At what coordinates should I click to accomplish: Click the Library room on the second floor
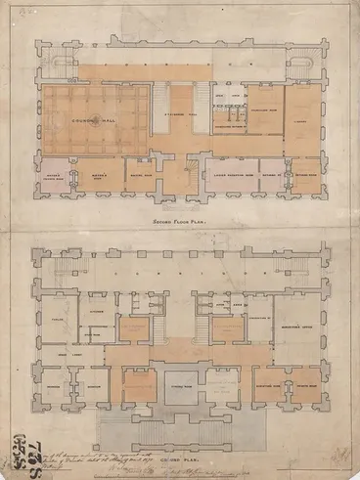click(302, 120)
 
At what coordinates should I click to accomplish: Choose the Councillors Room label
click(264, 110)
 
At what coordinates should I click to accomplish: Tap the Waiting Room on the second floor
click(143, 177)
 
